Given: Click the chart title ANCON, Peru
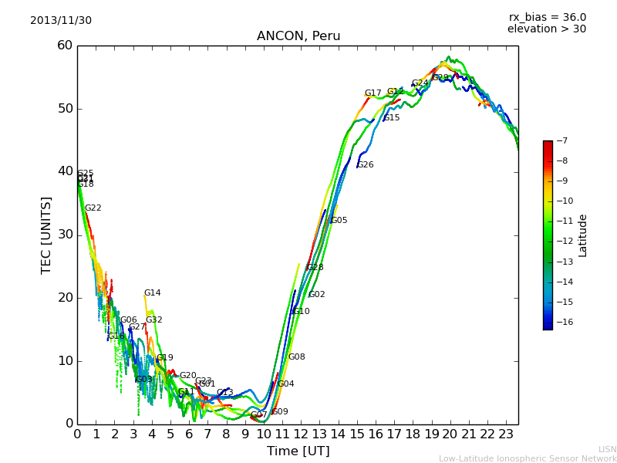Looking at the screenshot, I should click(x=298, y=36).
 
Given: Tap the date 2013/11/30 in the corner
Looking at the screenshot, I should click(x=61, y=21).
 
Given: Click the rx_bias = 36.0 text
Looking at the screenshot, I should click(x=547, y=17).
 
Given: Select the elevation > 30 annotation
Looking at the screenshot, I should click(x=546, y=29).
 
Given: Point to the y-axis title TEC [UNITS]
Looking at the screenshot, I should click(x=46, y=235).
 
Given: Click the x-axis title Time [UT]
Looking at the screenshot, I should click(x=298, y=451).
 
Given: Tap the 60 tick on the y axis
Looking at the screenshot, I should click(x=65, y=46).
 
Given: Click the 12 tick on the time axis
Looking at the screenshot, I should click(x=301, y=434).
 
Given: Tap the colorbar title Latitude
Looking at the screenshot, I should click(x=583, y=235).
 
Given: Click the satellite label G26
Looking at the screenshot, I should click(x=365, y=165).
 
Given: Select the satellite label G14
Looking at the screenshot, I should click(x=153, y=293).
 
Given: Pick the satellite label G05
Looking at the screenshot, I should click(x=339, y=221).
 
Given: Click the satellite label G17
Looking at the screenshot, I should click(x=373, y=93).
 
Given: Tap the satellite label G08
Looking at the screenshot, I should click(x=297, y=357).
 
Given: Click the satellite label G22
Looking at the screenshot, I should click(x=93, y=208).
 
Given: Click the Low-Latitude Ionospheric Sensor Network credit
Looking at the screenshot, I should click(x=528, y=459).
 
